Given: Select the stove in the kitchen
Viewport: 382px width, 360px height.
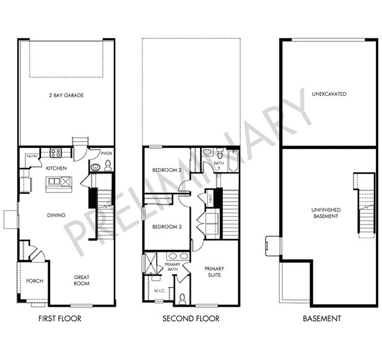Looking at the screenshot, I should [56, 153].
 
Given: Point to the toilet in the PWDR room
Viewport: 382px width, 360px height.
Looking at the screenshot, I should [107, 164].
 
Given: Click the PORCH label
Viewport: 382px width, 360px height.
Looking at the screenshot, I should [34, 281].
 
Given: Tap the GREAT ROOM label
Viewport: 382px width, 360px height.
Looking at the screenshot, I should [82, 280].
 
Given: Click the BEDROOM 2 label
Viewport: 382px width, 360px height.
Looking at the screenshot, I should [166, 170].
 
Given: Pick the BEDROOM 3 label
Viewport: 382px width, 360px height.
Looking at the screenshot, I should [166, 226].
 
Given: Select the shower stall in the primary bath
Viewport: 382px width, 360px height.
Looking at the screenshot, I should [151, 264].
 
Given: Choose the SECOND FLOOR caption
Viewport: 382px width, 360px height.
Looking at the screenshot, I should [191, 319].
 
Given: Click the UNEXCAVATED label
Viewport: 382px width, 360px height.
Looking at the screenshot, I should [329, 94].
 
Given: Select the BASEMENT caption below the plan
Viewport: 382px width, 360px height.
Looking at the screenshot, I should [321, 319].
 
